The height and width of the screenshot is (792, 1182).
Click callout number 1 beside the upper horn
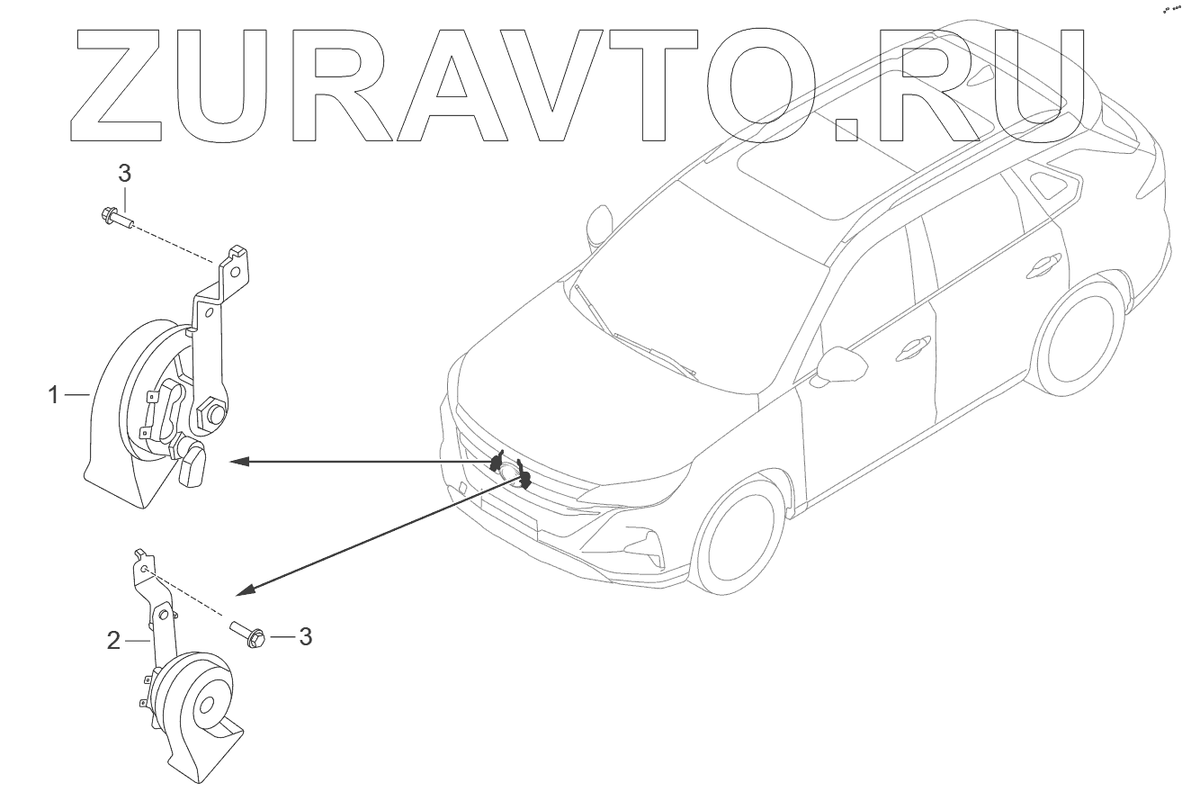click(x=54, y=394)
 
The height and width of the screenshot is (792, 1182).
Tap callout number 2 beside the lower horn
click(x=113, y=641)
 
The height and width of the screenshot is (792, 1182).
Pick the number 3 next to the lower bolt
click(x=305, y=637)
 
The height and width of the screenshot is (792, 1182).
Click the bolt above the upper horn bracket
click(x=112, y=217)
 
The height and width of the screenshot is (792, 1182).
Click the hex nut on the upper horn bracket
click(x=214, y=413)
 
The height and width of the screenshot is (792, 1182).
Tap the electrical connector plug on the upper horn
click(x=193, y=467)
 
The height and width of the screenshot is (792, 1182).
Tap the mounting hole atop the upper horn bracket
click(x=234, y=268)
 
